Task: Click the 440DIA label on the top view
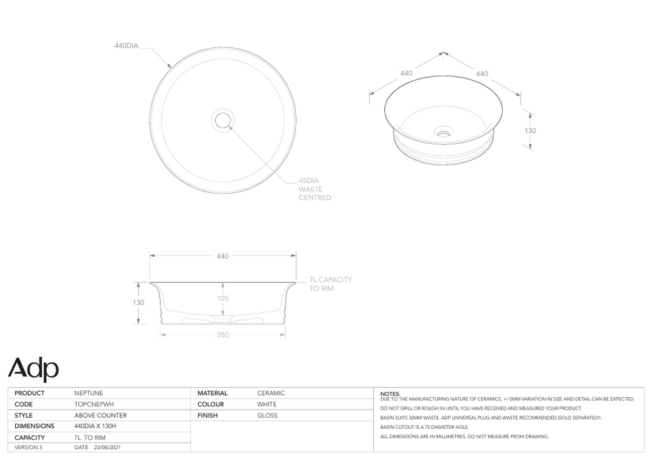point(127,46)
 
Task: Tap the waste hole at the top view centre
point(222,120)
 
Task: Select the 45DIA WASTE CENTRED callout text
point(315,188)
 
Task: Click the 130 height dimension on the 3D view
point(530,131)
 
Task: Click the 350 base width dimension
point(222,335)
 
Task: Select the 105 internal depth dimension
point(222,298)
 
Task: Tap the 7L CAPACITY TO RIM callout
point(330,284)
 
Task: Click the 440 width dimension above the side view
point(222,256)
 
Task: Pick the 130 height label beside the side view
point(138,303)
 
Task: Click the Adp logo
point(33,369)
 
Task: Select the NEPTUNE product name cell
point(88,393)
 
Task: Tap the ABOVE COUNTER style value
point(100,416)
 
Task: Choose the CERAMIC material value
point(271,393)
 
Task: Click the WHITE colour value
point(267,404)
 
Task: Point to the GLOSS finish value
point(267,416)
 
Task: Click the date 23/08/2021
point(106,448)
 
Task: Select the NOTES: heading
point(390,394)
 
